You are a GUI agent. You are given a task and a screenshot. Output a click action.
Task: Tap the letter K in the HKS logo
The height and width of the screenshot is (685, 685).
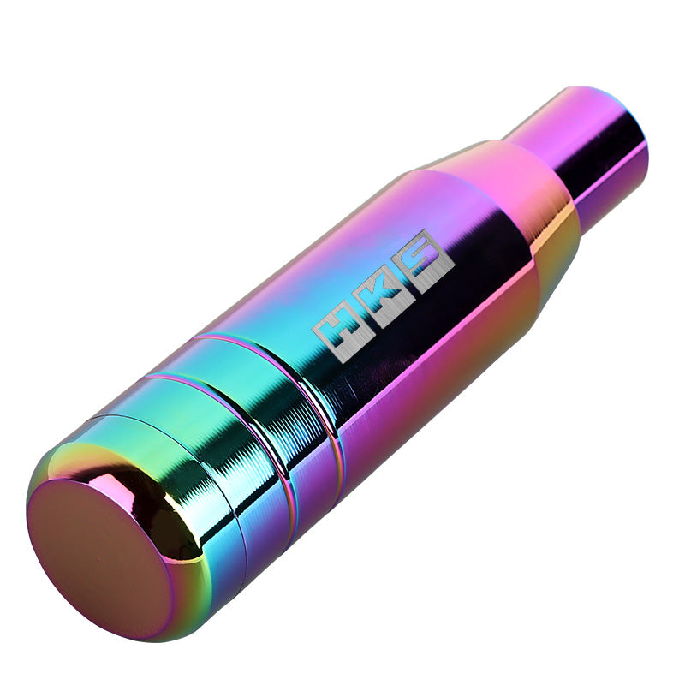click(x=378, y=296)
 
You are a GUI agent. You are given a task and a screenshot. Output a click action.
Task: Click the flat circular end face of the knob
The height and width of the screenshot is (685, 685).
click(x=98, y=557)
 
